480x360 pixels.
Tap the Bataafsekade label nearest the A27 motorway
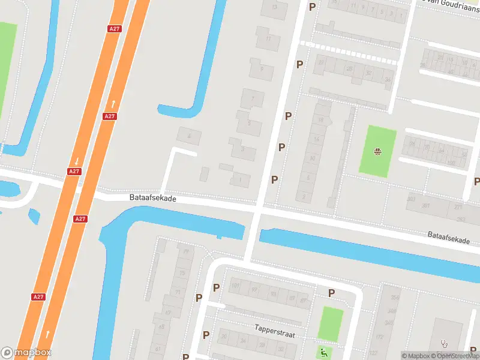click(x=152, y=197)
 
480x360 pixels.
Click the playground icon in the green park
click(x=378, y=151)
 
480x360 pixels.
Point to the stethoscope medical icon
click(x=445, y=344)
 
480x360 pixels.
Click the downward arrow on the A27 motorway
click(x=77, y=161)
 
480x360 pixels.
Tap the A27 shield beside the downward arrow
click(x=73, y=172)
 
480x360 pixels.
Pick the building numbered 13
click(x=275, y=7)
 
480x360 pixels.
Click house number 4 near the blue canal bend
click(x=190, y=136)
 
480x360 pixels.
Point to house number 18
click(x=321, y=120)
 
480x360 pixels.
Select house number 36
click(x=388, y=79)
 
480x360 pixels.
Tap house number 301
click(x=426, y=206)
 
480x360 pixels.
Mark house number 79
click(x=185, y=251)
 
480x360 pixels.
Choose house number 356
click(x=394, y=298)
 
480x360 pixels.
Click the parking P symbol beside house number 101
click(x=216, y=287)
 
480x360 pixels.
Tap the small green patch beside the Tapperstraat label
click(x=330, y=324)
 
